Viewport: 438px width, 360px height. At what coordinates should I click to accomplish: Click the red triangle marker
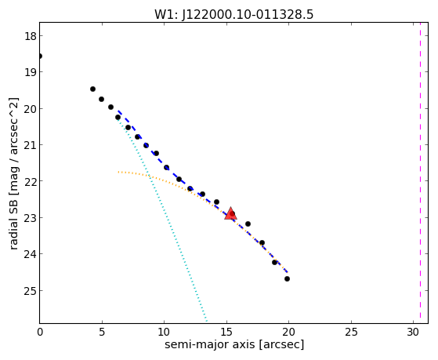pos(230,213)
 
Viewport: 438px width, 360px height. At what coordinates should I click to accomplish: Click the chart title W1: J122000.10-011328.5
pos(233,14)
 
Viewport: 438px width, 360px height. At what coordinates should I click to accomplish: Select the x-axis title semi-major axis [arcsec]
pos(234,344)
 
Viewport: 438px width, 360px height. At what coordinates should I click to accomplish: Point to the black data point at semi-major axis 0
pos(40,56)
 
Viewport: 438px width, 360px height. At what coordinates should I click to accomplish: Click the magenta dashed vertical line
pos(420,173)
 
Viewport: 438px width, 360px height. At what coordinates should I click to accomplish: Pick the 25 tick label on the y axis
pos(30,291)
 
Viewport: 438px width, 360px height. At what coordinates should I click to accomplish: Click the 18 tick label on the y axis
pos(30,36)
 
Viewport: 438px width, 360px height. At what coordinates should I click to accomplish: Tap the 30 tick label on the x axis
pos(413,333)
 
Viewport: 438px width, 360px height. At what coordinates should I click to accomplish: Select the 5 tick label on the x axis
pos(102,333)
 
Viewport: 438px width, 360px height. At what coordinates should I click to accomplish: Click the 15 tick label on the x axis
pos(226,333)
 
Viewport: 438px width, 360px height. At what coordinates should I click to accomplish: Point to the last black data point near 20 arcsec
pos(287,279)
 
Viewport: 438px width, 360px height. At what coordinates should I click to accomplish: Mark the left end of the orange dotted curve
pos(118,172)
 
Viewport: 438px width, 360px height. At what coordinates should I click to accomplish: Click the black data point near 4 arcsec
pos(92,89)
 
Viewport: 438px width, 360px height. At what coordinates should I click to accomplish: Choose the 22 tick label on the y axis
pos(30,181)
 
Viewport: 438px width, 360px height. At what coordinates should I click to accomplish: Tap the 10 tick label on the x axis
pos(165,333)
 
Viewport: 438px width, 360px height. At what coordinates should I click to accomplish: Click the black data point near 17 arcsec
pos(248,224)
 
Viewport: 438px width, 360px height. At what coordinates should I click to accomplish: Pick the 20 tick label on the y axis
pos(30,109)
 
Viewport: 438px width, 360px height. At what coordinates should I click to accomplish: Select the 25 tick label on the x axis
pos(351,333)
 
